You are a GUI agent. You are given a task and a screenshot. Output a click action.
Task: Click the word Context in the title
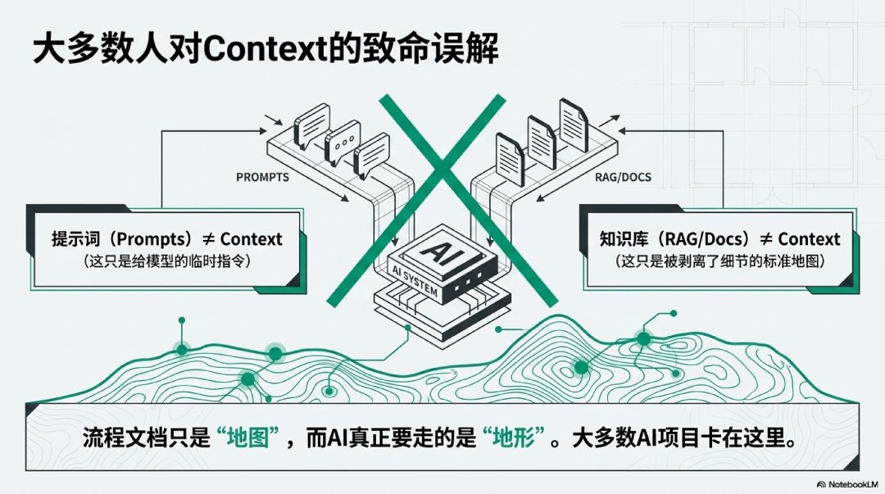coord(265,50)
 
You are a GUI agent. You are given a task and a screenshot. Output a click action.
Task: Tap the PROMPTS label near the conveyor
coord(262,177)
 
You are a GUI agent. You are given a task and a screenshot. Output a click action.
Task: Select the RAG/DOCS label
coord(623,177)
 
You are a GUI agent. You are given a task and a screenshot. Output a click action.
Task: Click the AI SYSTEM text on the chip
coord(415,281)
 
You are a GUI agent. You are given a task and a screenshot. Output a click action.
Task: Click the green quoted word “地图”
coord(248,437)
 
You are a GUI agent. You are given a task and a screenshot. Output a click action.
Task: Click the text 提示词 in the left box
coord(75,239)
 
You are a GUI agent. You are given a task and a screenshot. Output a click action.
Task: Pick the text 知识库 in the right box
coord(623,239)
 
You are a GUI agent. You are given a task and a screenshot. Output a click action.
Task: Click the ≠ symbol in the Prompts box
coord(208,239)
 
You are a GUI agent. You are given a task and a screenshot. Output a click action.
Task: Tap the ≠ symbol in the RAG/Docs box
coord(766,239)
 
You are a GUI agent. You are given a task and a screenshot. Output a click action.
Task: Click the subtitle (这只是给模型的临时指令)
coord(167,261)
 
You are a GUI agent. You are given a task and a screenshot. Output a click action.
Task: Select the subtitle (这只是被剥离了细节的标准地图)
coord(719,261)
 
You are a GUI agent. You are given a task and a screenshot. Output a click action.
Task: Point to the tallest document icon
coord(574,125)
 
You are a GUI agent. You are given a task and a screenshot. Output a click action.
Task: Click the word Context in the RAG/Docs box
coord(810,239)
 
